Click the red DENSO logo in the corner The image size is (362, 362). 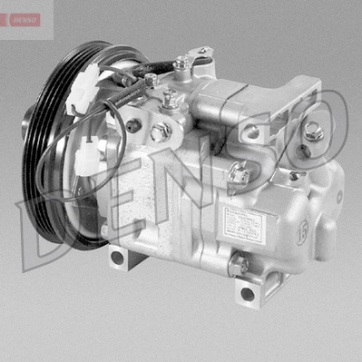pos(21,19)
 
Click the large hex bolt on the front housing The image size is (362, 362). pos(161,132)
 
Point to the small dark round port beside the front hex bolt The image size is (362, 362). pos(136,126)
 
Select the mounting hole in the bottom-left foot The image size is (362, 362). pos(117,257)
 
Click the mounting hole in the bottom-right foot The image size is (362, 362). pos(247,293)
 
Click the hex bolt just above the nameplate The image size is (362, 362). pos(238,171)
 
